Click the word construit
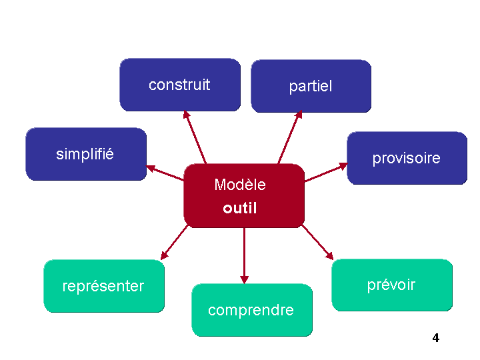point(179,85)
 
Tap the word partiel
point(311,87)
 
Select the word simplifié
point(85,154)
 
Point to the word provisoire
point(406,159)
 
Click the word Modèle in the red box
point(240,185)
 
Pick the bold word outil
point(240,208)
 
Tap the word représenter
point(103,287)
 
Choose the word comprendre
point(251,311)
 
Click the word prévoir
point(391,285)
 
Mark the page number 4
point(436,338)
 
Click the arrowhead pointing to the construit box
point(187,115)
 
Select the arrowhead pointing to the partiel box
point(299,115)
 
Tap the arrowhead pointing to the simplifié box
point(151,167)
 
